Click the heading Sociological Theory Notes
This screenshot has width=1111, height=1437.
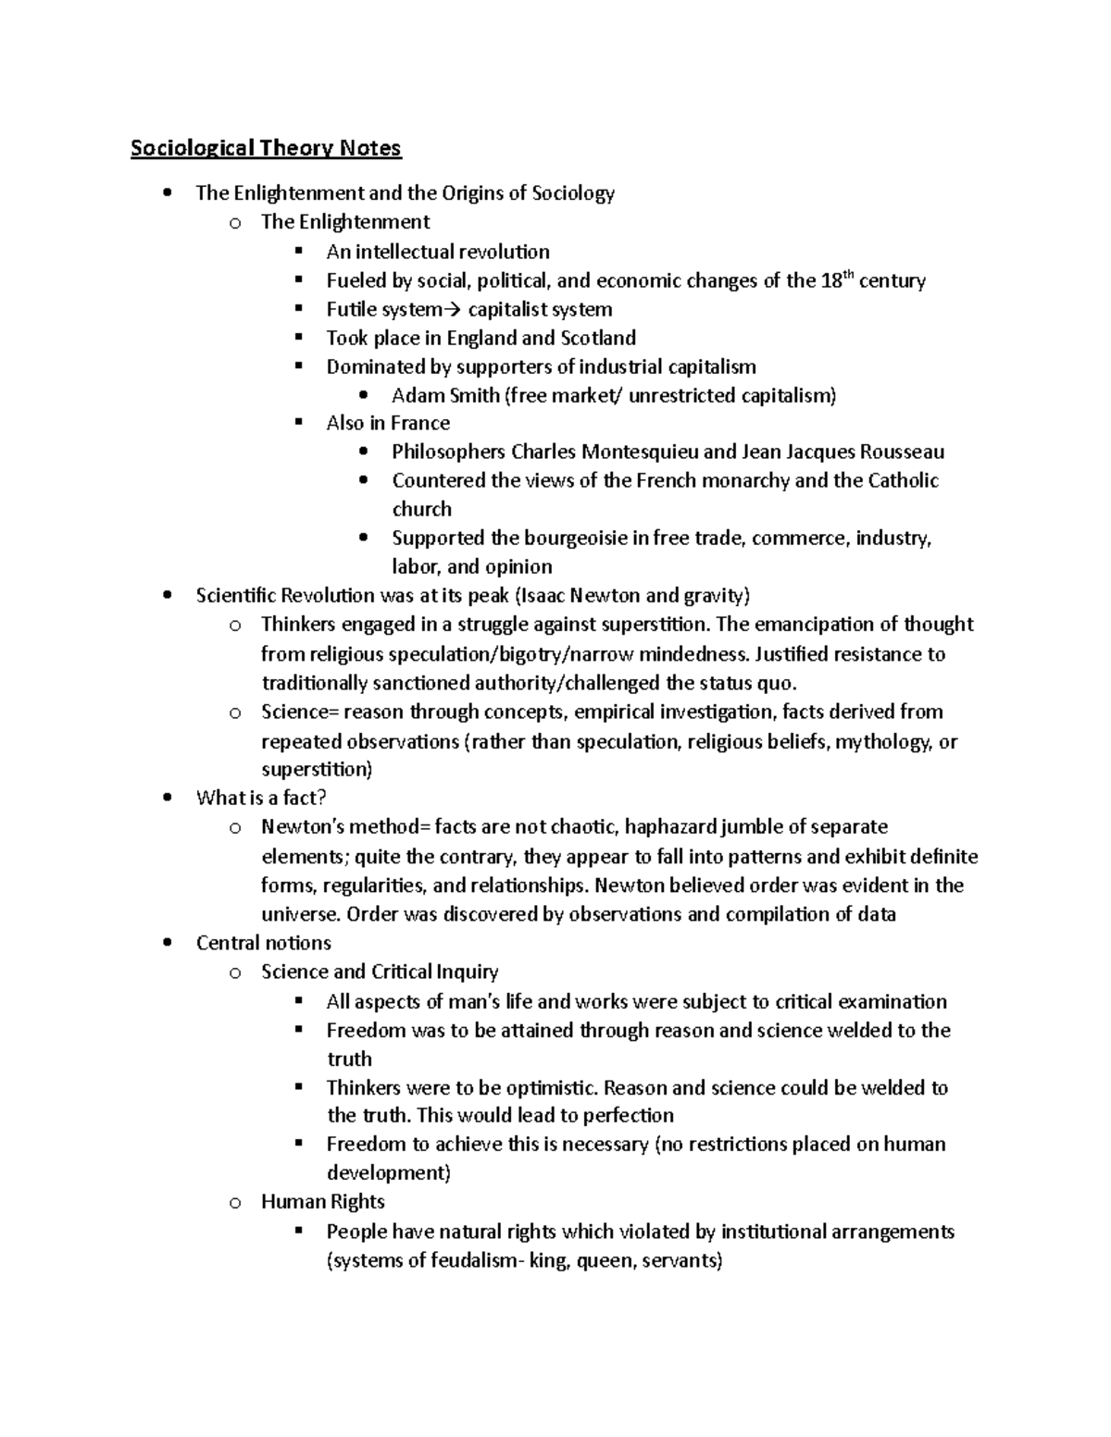[x=266, y=148]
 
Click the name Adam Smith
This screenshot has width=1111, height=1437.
[x=444, y=396]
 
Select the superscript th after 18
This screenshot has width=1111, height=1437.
[x=848, y=275]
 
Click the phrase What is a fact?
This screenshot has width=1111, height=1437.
[x=262, y=798]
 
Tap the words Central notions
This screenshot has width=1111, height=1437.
[x=263, y=943]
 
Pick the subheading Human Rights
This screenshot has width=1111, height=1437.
[x=322, y=1202]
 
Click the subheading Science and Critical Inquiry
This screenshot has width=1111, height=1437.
[x=380, y=972]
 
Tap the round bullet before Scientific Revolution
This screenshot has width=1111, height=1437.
[x=167, y=596]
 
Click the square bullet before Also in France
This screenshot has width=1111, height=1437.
[x=298, y=423]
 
